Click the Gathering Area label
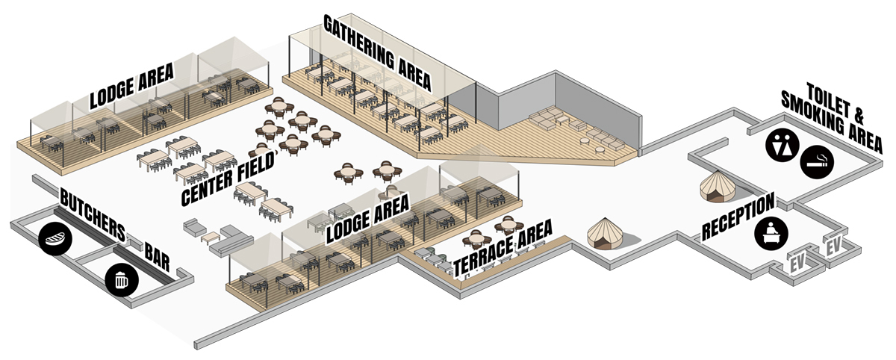pyautogui.click(x=377, y=52)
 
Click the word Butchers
pyautogui.click(x=92, y=214)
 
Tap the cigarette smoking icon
pyautogui.click(x=818, y=161)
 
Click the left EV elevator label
pyautogui.click(x=799, y=262)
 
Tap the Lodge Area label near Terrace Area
pyautogui.click(x=367, y=220)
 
